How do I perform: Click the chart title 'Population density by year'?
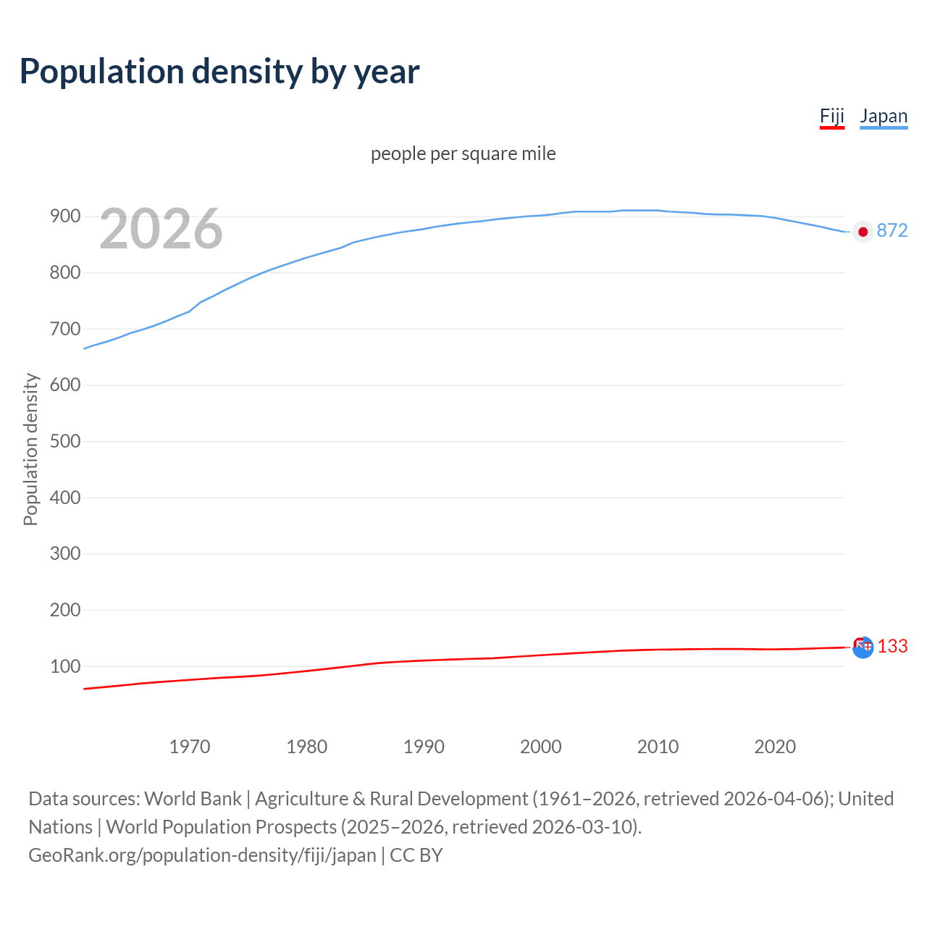(x=219, y=71)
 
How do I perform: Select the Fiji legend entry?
(x=832, y=116)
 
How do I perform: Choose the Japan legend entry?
(x=884, y=116)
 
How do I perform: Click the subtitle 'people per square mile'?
(x=463, y=154)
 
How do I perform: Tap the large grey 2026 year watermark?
(x=161, y=229)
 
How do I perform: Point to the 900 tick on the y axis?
(x=65, y=217)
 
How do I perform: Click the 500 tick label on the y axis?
(x=65, y=441)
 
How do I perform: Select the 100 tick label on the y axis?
(x=65, y=666)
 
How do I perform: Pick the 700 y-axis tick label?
(x=65, y=329)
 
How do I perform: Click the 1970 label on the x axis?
(x=190, y=747)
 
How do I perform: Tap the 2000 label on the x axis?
(x=541, y=747)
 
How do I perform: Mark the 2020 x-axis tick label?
(x=775, y=747)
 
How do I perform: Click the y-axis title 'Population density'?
(x=30, y=449)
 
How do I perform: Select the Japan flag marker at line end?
(x=863, y=232)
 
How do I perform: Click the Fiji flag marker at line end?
(x=863, y=647)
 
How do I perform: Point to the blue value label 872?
(x=892, y=230)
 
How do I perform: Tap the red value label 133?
(x=893, y=646)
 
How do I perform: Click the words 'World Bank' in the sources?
(x=193, y=798)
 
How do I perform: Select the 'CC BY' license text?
(x=416, y=855)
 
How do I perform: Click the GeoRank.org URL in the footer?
(x=202, y=855)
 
